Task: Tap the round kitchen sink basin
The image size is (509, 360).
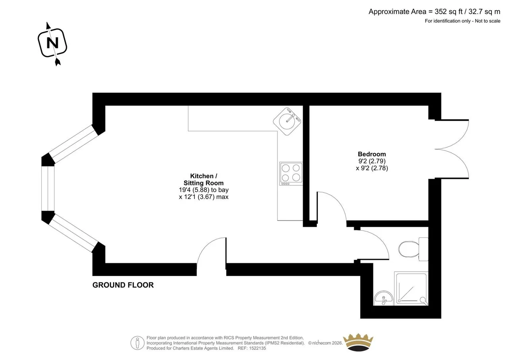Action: (x=287, y=121)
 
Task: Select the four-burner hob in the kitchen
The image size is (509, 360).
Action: (x=291, y=174)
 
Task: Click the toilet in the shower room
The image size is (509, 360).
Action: (x=413, y=249)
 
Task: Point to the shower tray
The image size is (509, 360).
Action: (x=411, y=288)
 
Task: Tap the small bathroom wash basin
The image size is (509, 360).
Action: (x=384, y=298)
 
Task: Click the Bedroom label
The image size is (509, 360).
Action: (x=372, y=154)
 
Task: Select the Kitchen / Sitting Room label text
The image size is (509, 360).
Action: (x=204, y=179)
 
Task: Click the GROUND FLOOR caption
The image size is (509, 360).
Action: (x=123, y=285)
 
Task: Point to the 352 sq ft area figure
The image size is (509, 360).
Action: (x=449, y=12)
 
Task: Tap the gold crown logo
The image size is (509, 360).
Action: (x=358, y=342)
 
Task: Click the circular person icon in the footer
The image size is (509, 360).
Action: (x=137, y=343)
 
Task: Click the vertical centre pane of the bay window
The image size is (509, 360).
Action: (x=48, y=189)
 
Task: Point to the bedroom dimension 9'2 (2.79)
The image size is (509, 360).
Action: (x=372, y=161)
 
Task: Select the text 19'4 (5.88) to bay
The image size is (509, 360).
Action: (x=204, y=190)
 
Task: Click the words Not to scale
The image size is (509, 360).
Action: (x=488, y=21)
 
